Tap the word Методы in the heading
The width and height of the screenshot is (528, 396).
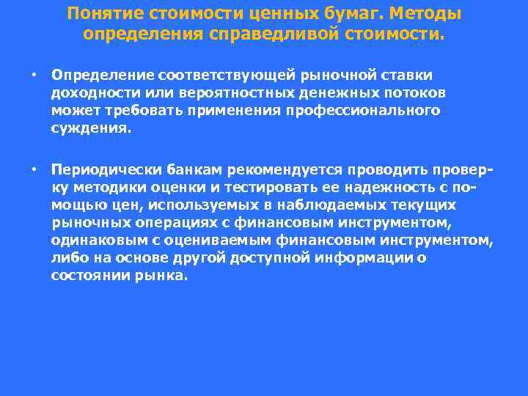(x=429, y=14)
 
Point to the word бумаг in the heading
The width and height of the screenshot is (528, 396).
(x=342, y=14)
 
